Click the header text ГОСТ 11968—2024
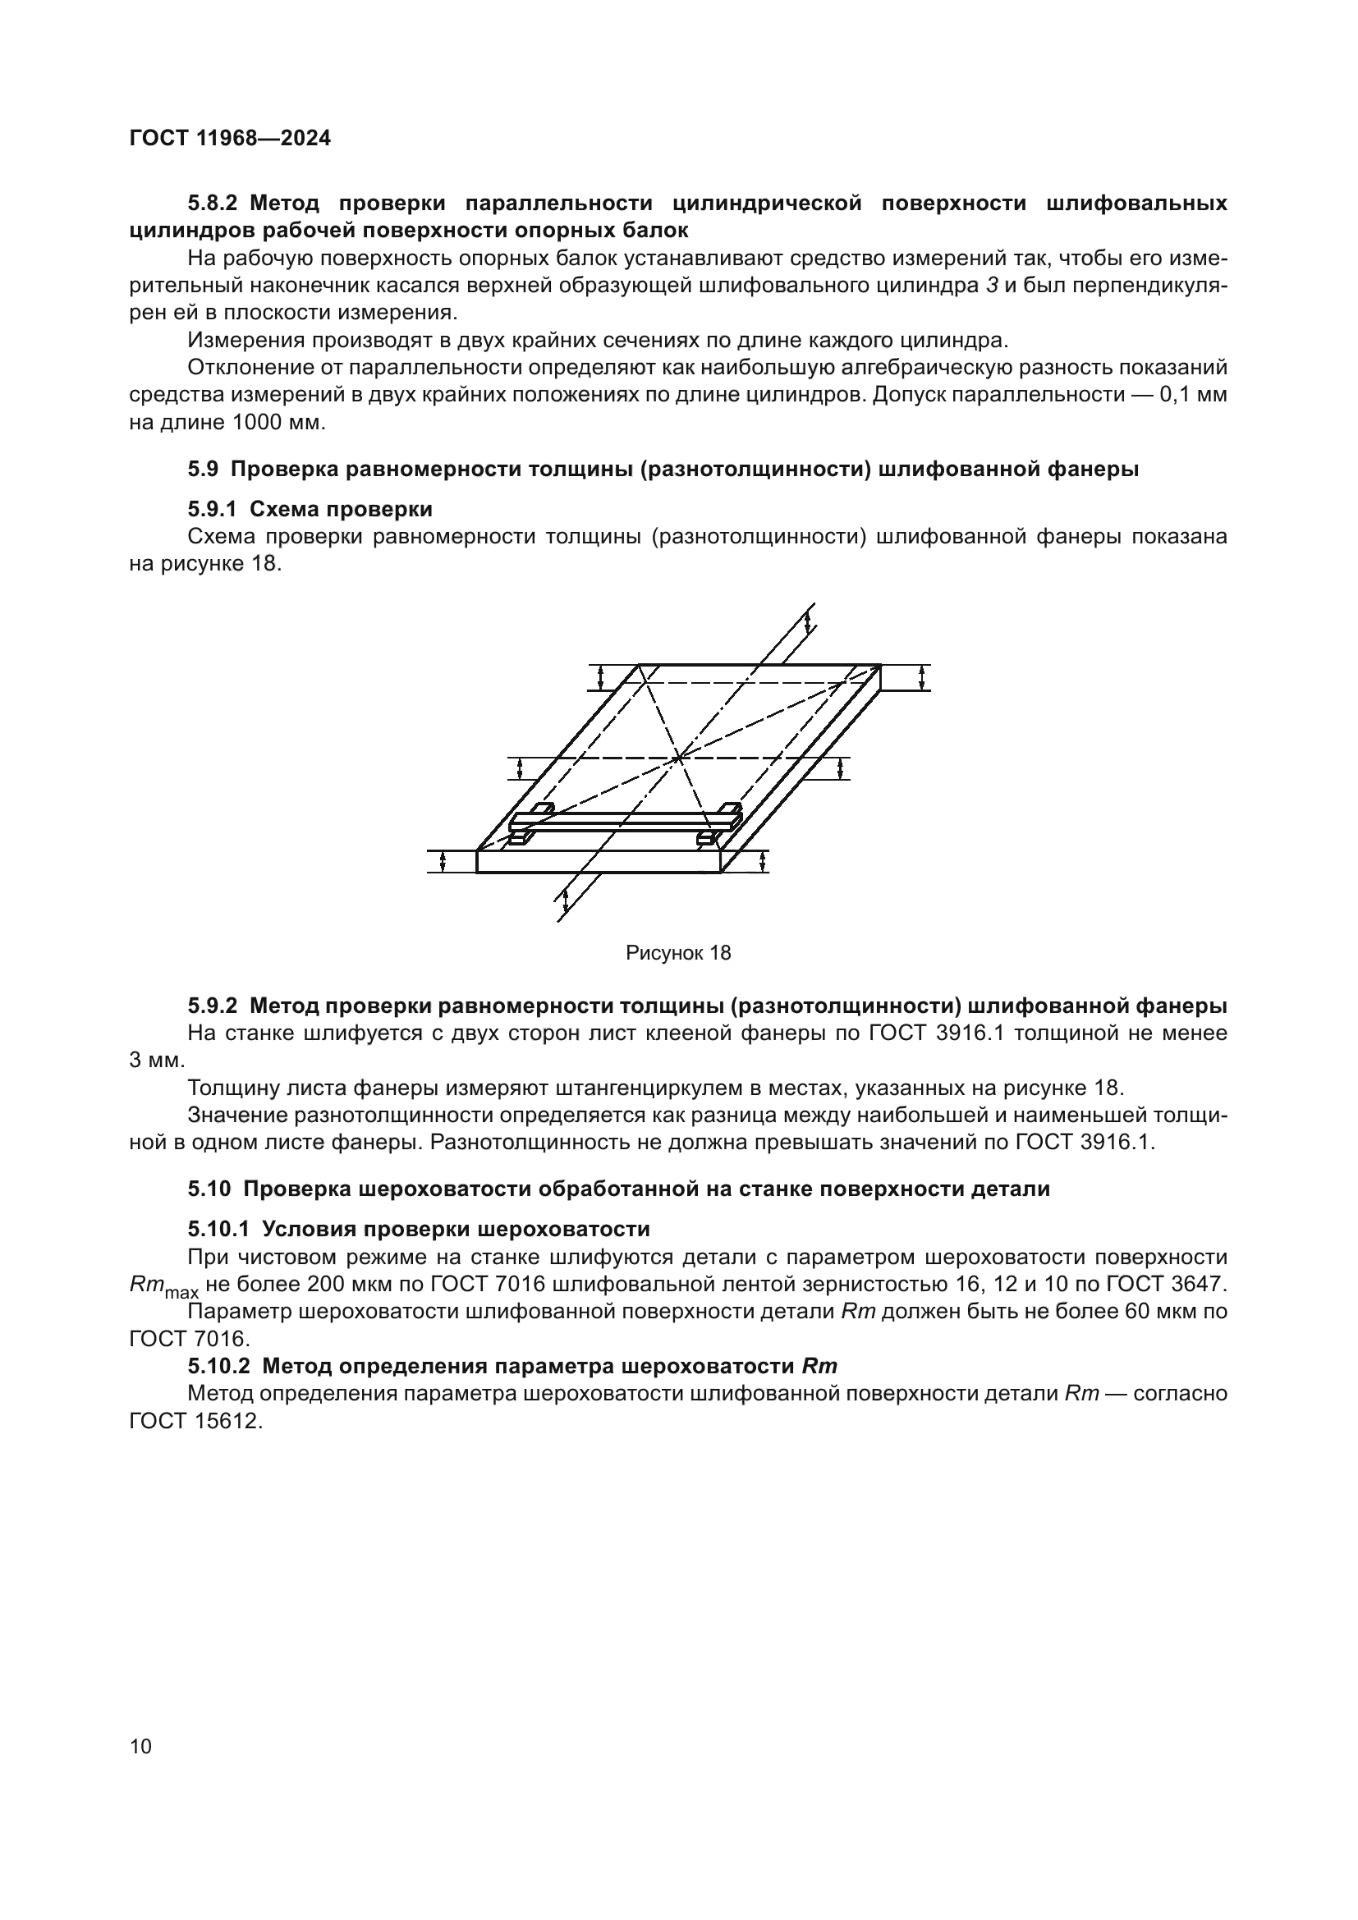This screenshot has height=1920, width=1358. point(230,139)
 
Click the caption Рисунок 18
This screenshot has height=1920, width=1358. point(678,952)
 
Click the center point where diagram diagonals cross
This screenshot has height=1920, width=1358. point(678,758)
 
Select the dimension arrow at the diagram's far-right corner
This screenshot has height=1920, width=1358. point(921,677)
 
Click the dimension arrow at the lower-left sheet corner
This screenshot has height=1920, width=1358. point(443,861)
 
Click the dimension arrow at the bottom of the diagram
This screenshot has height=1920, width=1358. point(565,901)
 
